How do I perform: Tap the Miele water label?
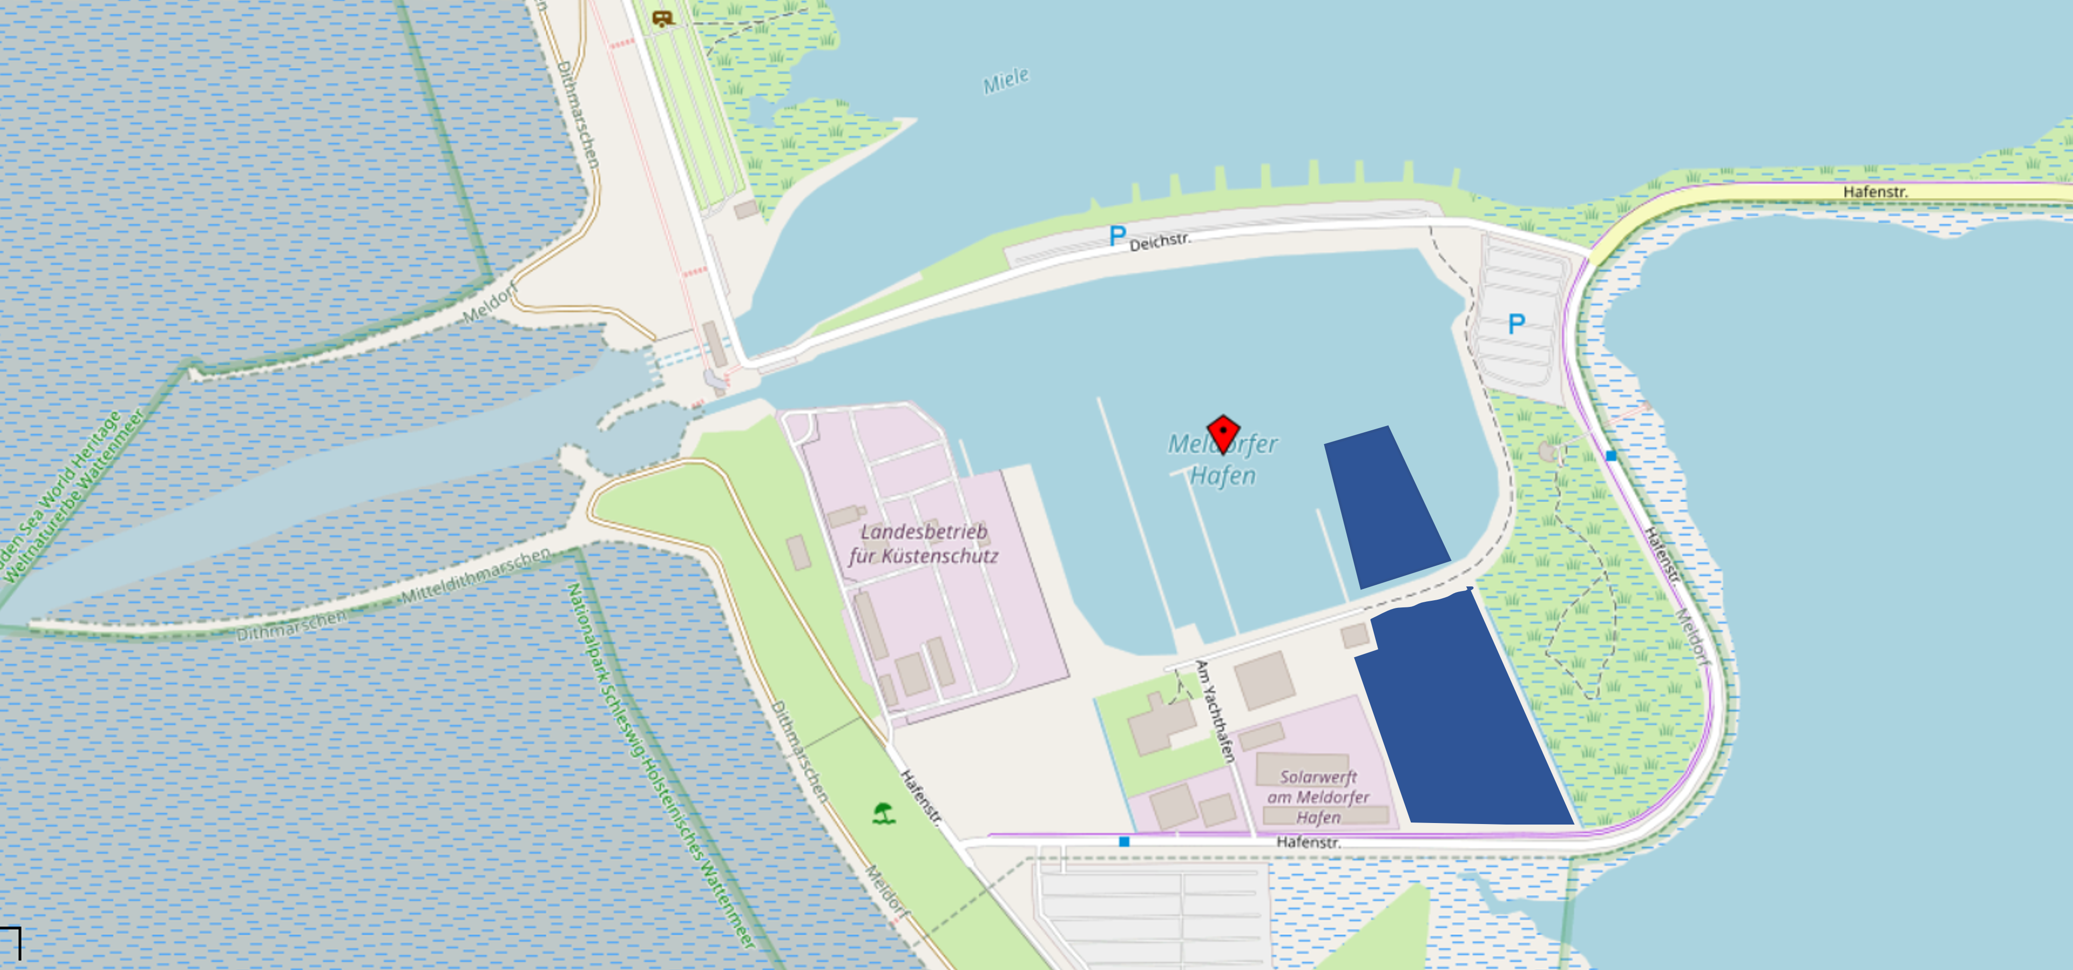(1006, 80)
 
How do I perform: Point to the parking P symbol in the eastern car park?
(1516, 324)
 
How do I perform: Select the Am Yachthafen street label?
(1214, 711)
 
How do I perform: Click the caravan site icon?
(662, 18)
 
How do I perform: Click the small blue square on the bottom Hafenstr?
(1124, 841)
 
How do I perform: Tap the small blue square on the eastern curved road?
(1611, 456)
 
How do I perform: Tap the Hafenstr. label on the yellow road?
(1875, 192)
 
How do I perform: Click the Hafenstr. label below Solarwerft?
(1308, 842)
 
